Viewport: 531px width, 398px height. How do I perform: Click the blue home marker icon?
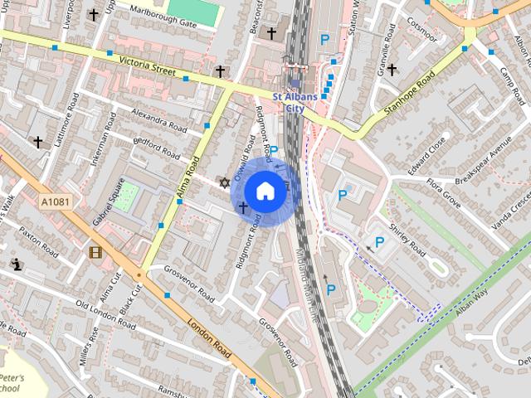265,191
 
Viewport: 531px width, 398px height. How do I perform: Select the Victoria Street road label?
147,66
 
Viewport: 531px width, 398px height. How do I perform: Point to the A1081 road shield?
53,201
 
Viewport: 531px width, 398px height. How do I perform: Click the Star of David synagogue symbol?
222,182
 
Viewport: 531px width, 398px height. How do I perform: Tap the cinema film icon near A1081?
95,252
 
